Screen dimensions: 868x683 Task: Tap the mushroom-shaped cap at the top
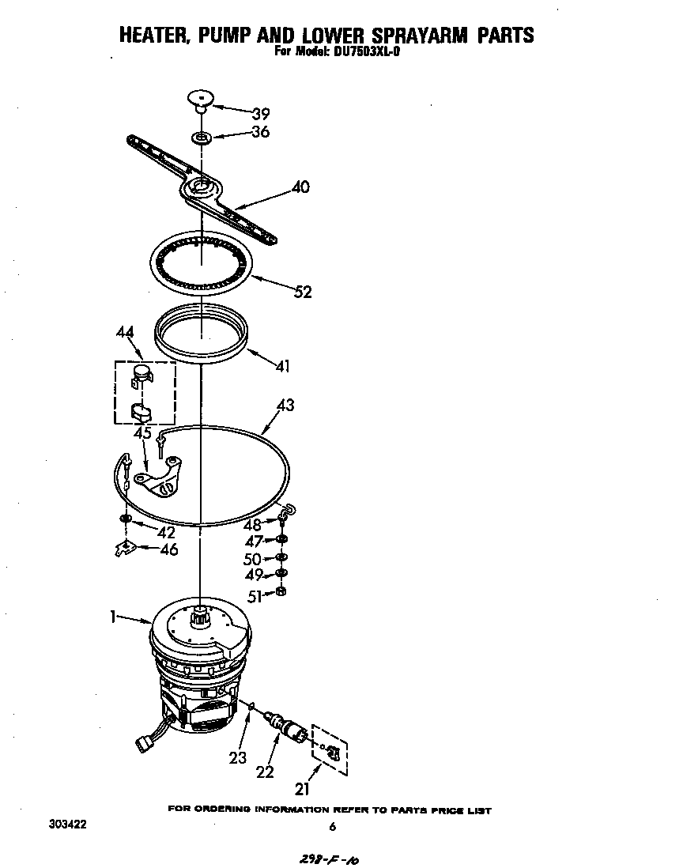click(x=201, y=98)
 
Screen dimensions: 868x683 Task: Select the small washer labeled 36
click(x=202, y=138)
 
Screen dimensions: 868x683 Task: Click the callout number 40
click(x=300, y=187)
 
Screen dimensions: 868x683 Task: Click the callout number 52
click(x=303, y=292)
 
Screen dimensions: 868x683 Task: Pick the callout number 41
click(x=282, y=366)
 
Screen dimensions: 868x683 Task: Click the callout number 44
click(x=124, y=333)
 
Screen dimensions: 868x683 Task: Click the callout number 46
click(x=168, y=549)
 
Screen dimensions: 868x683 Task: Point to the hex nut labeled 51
click(x=281, y=591)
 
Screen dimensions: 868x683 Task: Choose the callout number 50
click(x=252, y=558)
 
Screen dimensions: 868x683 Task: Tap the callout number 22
click(x=266, y=771)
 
